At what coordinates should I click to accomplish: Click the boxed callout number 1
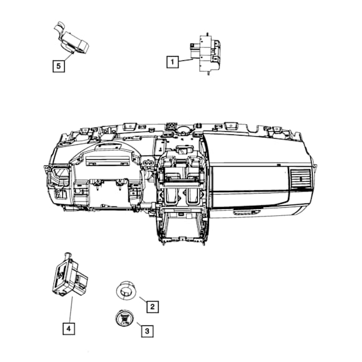coord(172,62)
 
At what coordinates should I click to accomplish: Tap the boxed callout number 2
coord(152,307)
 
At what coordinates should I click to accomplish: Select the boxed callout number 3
coord(147,331)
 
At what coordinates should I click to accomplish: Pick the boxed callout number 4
coord(68,328)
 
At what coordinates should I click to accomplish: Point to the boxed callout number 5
coord(58,66)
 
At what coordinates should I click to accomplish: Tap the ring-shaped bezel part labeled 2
coord(126,290)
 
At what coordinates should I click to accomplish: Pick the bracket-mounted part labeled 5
coord(72,39)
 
